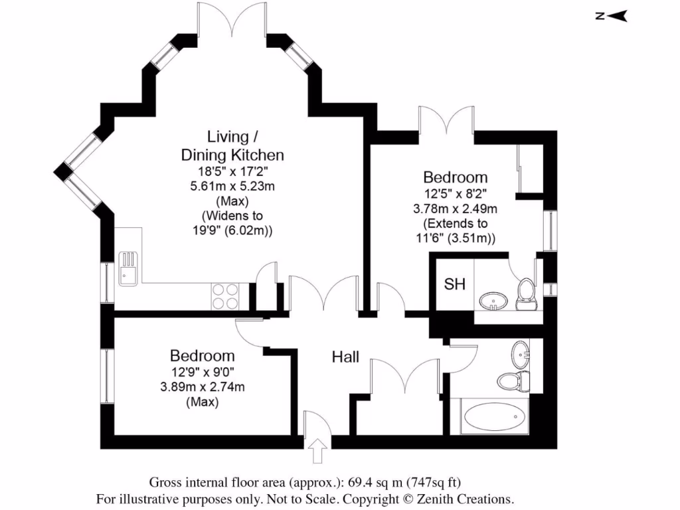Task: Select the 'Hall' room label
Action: click(x=345, y=357)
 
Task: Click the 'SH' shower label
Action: click(x=454, y=285)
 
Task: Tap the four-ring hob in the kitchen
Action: click(x=225, y=296)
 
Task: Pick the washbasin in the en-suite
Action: click(x=492, y=301)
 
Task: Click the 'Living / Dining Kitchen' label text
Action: click(x=232, y=146)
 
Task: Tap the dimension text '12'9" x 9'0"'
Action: click(x=202, y=373)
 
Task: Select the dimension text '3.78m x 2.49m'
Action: click(x=456, y=209)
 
